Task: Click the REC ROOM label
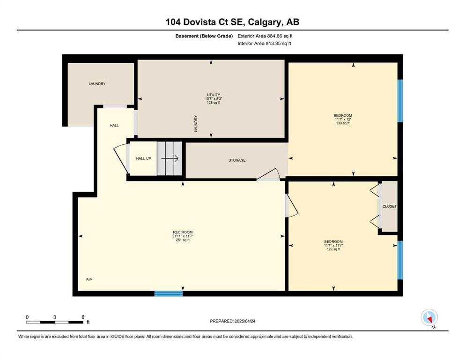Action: [183, 232]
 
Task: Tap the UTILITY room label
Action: [214, 95]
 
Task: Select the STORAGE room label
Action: [237, 160]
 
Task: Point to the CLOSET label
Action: [390, 206]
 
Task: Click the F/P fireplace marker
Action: [89, 279]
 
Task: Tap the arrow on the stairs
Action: [170, 158]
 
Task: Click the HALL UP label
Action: [144, 158]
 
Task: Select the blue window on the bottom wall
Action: [169, 293]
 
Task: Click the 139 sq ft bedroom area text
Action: [343, 123]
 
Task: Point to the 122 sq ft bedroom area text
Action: [333, 249]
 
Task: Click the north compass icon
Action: [429, 317]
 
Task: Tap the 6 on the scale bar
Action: [83, 317]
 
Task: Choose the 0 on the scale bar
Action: [27, 317]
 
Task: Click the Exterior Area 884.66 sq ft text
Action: [265, 36]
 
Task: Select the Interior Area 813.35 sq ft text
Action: [264, 43]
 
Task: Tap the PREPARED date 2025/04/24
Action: [245, 321]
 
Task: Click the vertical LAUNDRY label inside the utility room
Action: [196, 123]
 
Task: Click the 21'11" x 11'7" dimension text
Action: [183, 236]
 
